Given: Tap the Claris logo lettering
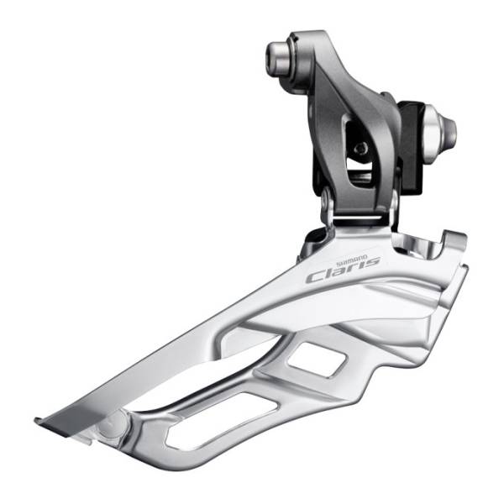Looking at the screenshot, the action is tap(344, 270).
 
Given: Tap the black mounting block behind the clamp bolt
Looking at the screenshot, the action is tap(410, 148).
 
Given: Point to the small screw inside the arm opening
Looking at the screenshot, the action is tap(360, 149).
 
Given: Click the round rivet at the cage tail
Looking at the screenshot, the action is tap(113, 423).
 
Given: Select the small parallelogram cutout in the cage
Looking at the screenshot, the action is tap(317, 360).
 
